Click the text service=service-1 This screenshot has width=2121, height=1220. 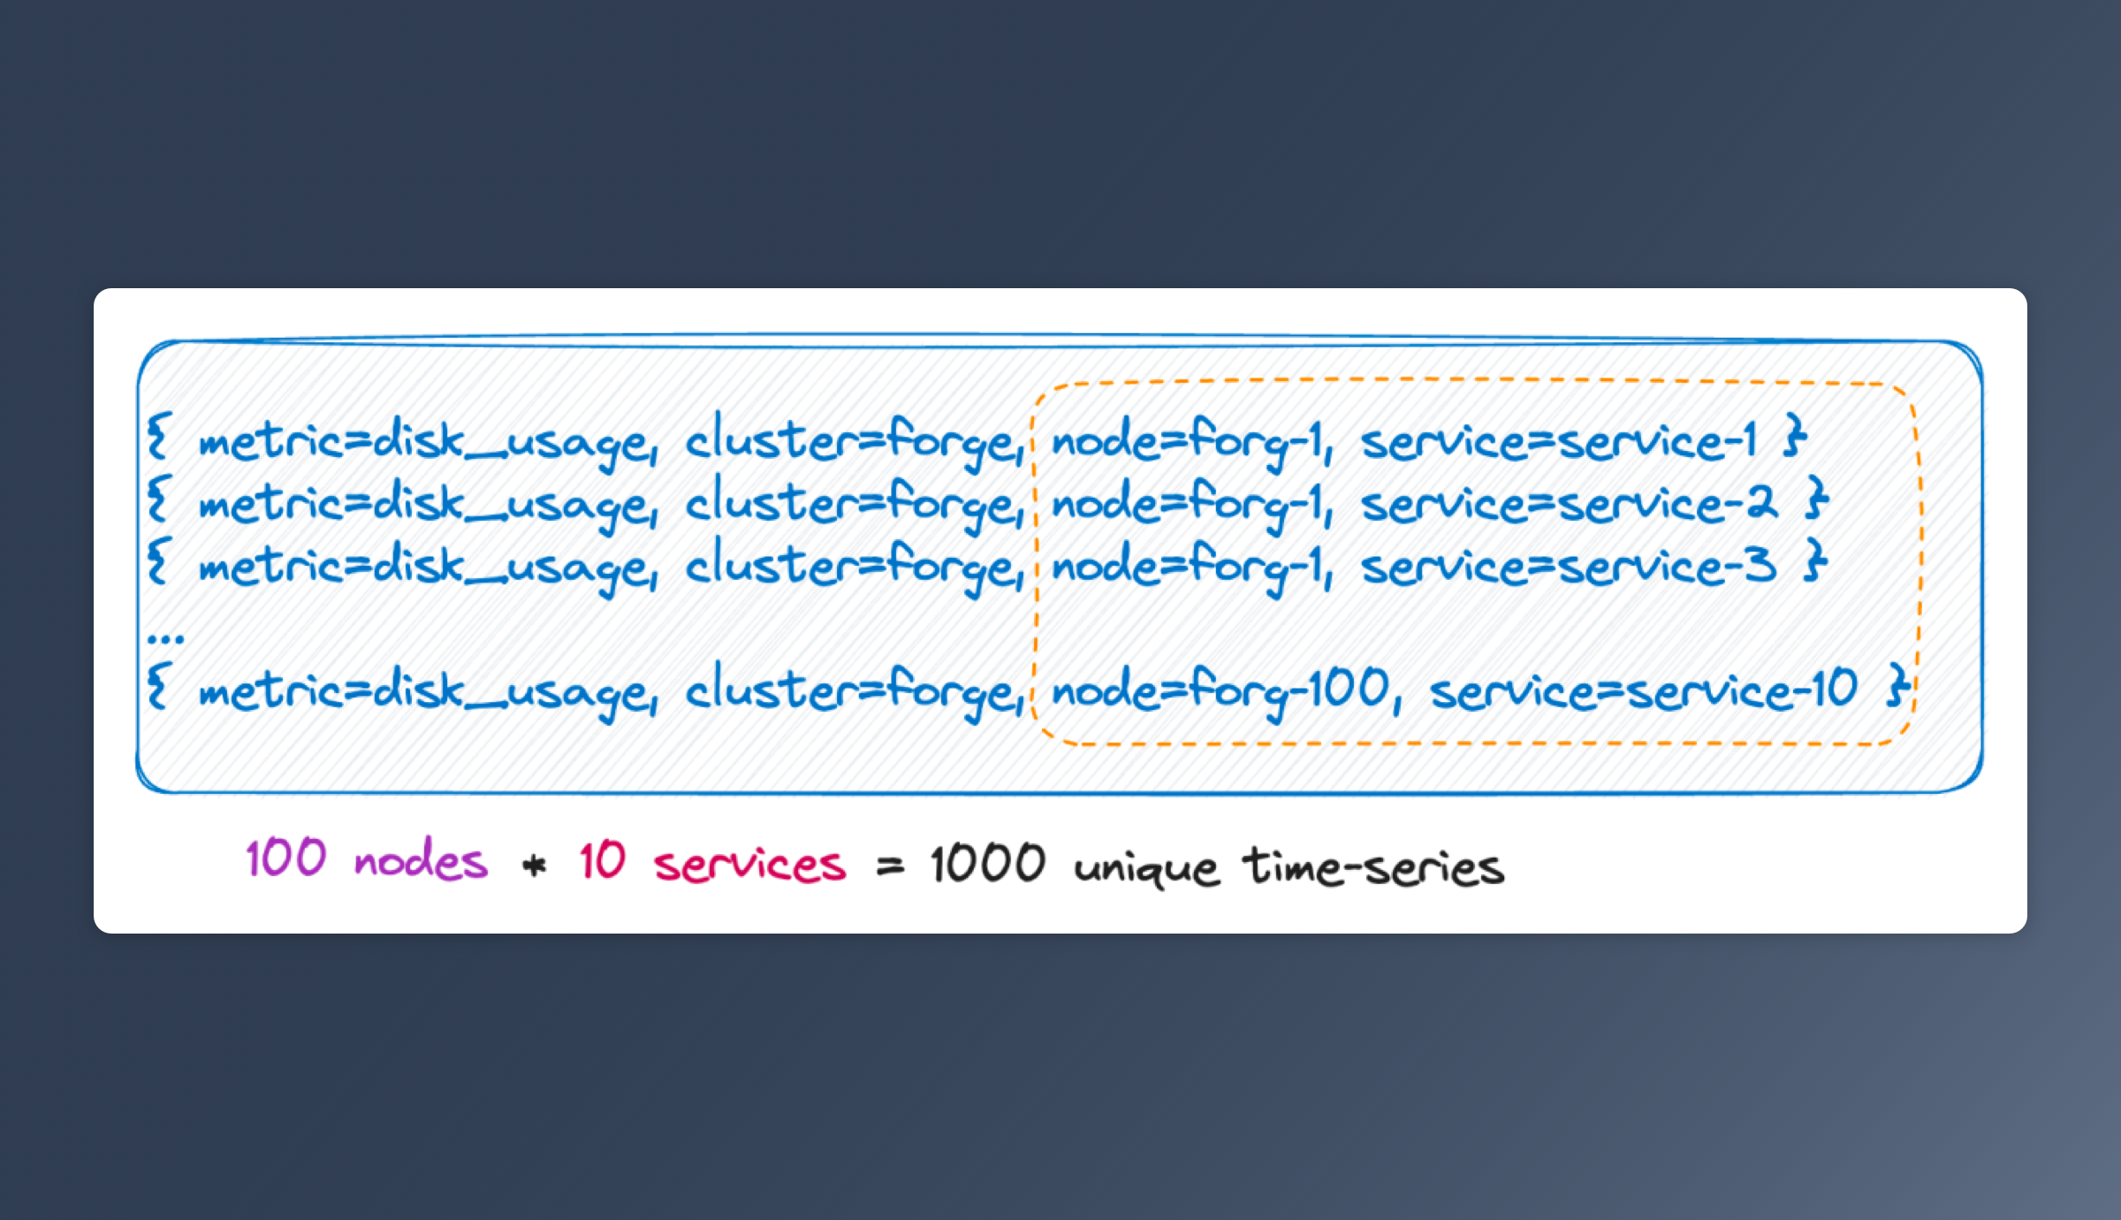point(1559,440)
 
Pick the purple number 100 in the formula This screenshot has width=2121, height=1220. point(286,858)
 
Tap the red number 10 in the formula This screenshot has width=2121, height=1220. point(603,860)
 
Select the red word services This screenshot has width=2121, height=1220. point(749,864)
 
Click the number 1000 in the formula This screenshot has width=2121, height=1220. point(988,864)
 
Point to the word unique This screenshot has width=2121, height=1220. point(1146,867)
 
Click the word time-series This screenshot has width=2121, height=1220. point(1373,865)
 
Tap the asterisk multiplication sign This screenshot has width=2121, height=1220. point(535,865)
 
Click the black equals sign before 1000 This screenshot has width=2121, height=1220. point(890,867)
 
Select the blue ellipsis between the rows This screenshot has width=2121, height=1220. point(165,637)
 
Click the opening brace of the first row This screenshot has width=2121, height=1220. point(157,438)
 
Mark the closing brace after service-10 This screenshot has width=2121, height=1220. point(1897,687)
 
